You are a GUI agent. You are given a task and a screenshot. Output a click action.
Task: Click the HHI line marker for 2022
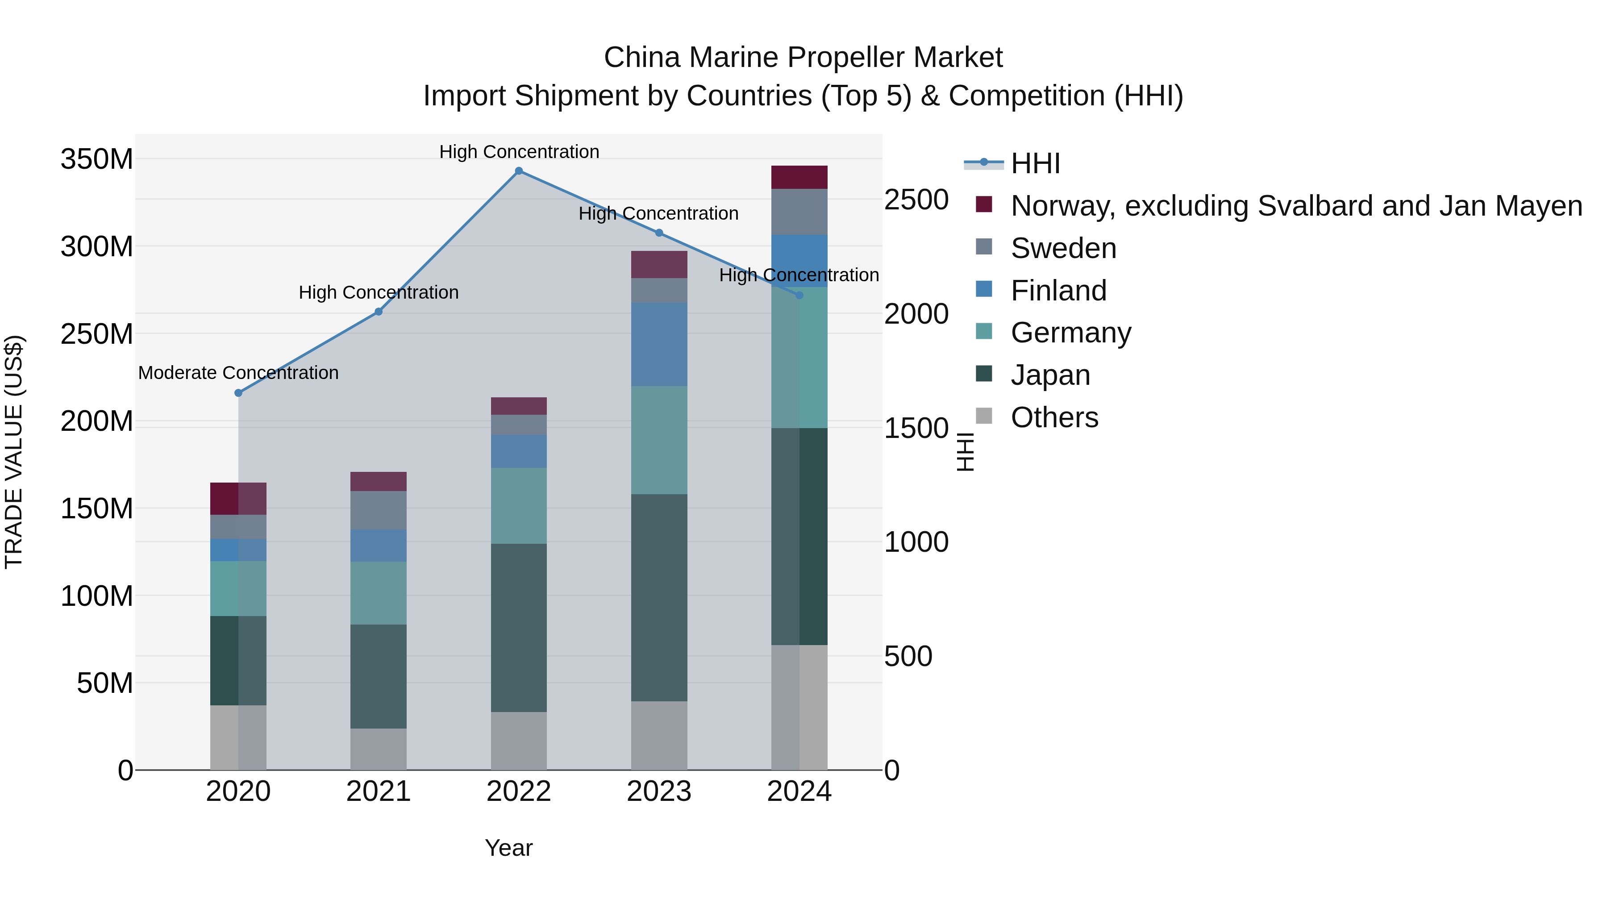tap(518, 171)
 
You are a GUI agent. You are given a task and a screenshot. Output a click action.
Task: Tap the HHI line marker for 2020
tap(238, 393)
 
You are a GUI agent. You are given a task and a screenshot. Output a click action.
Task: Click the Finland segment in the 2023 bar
tap(659, 344)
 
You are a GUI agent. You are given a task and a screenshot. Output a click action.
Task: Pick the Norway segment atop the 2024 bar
tap(799, 177)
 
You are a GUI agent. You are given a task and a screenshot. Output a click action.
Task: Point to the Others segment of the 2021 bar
tap(378, 749)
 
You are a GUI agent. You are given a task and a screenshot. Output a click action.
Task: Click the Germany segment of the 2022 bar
tap(518, 505)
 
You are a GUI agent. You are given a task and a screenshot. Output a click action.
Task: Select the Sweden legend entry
tap(1062, 248)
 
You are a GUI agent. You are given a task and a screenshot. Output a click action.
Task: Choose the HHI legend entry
tap(1034, 163)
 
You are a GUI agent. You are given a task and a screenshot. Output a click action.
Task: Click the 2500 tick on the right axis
tap(916, 200)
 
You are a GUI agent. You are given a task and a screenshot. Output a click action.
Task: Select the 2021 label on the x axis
tap(378, 792)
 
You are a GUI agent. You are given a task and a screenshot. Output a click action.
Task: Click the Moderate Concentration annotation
tap(238, 373)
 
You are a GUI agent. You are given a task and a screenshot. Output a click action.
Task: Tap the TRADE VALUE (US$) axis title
tap(14, 452)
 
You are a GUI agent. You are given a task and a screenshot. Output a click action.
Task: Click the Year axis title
tap(508, 848)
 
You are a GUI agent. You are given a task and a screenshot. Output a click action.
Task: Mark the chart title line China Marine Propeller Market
tap(803, 58)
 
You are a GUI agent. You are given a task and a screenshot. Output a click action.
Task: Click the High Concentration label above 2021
tap(378, 292)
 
